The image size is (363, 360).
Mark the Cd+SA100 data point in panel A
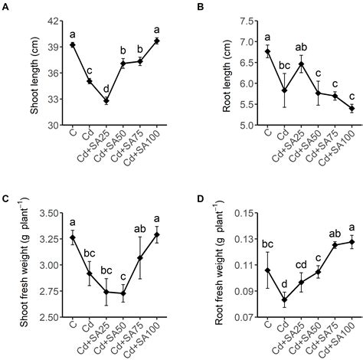click(157, 41)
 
